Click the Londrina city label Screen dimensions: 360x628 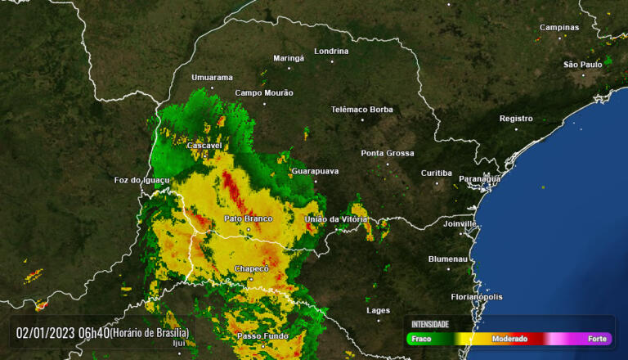tap(331, 51)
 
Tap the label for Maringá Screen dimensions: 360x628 tap(288, 58)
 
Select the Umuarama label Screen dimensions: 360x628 tap(212, 78)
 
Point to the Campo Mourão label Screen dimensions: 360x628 tap(263, 93)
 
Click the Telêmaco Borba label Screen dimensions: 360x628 tap(361, 110)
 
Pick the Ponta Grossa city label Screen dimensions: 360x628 tap(388, 153)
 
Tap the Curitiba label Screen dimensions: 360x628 tap(436, 173)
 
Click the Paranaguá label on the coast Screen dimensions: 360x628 tap(479, 178)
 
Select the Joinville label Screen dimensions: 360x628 tap(460, 223)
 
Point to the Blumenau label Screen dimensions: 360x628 tap(449, 259)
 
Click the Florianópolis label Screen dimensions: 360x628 tap(477, 297)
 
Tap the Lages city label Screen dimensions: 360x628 tap(378, 310)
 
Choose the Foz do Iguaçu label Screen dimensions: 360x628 tap(141, 180)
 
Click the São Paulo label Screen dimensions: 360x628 tap(582, 64)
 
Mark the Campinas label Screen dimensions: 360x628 tap(558, 27)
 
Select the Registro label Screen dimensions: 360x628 tap(516, 119)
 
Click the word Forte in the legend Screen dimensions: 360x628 tap(597, 339)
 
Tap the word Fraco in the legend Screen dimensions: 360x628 tap(421, 339)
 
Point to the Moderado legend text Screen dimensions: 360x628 tap(509, 339)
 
